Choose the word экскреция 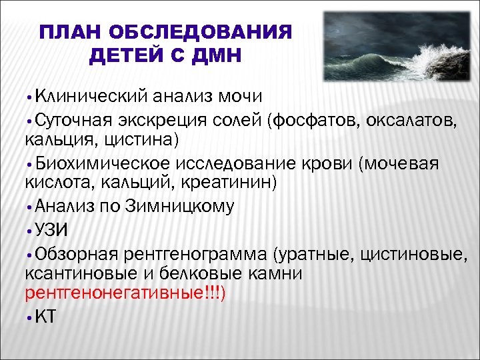point(166,119)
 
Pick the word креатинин point(233,183)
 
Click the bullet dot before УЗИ point(29,231)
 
